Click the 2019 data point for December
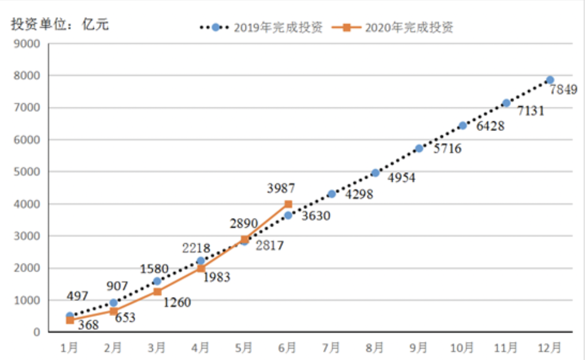(550, 80)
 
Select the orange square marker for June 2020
(288, 204)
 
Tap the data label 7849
(563, 89)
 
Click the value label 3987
(281, 189)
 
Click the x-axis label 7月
(331, 347)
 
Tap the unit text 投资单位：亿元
(60, 25)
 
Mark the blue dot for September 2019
(419, 149)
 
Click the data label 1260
(177, 303)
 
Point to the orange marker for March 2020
(157, 292)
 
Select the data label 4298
(359, 194)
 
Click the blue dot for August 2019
(375, 173)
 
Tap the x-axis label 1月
(69, 347)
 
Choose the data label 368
(88, 325)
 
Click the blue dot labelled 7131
(506, 103)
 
